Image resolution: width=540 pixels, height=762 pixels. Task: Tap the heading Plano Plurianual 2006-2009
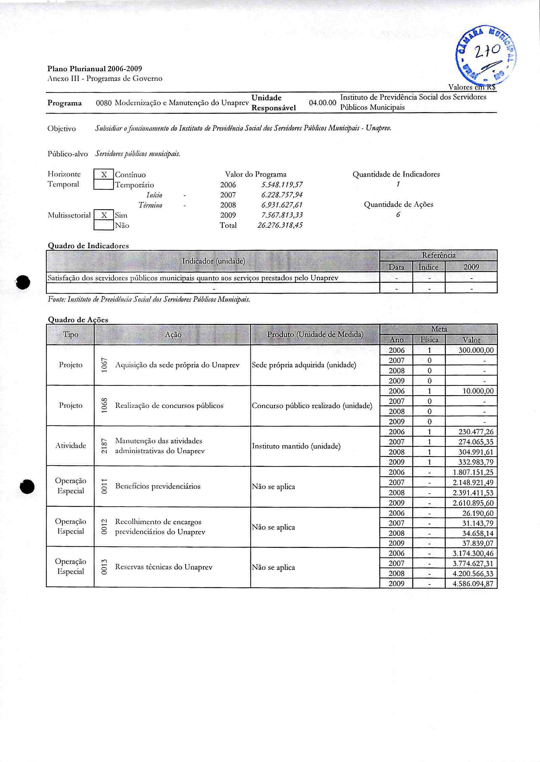[x=95, y=69]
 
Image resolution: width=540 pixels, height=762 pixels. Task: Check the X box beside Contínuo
[x=104, y=174]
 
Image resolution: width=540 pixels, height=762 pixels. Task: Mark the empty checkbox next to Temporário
[x=104, y=184]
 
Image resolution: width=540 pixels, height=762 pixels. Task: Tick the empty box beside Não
[x=104, y=225]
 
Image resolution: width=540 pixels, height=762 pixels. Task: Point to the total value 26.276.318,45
[x=280, y=225]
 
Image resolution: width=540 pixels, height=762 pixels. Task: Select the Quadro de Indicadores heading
[x=88, y=246]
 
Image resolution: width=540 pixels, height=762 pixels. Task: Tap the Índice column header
[x=428, y=267]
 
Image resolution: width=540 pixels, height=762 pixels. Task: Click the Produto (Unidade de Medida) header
[x=315, y=334]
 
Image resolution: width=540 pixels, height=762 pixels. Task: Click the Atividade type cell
[x=71, y=446]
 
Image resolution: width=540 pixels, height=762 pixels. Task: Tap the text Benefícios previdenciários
[x=157, y=486]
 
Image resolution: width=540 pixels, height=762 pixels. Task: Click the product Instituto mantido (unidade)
[x=296, y=446]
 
